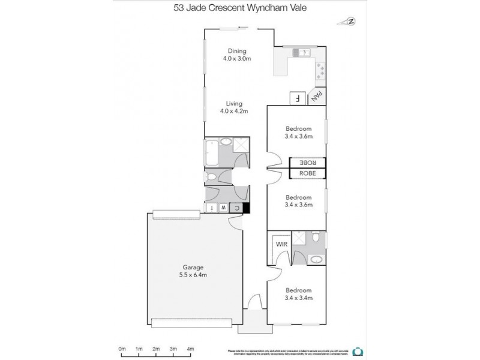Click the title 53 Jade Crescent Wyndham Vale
point(239,9)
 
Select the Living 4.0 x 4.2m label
point(233,107)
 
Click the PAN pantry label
point(319,97)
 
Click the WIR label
point(280,244)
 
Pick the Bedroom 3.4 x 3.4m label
point(298,293)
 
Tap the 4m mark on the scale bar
point(190,348)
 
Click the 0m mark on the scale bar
point(122,348)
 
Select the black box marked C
point(238,208)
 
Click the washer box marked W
point(223,208)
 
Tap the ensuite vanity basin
point(315,259)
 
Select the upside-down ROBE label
point(308,162)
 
